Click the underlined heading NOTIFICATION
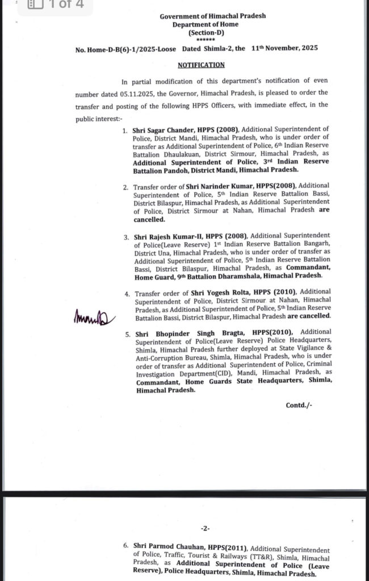(x=196, y=65)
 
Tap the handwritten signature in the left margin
(x=94, y=318)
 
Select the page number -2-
(x=204, y=528)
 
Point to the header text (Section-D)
(x=206, y=33)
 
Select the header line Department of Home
(x=206, y=25)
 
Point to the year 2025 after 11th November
(x=306, y=49)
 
